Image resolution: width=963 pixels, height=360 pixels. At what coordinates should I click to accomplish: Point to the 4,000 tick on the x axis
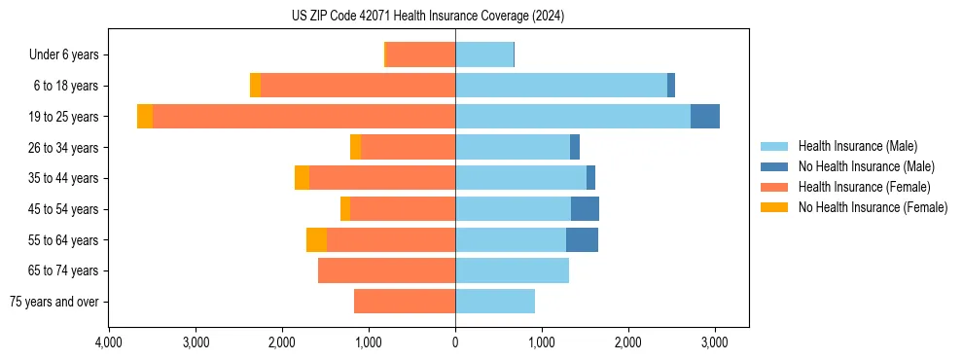click(x=109, y=342)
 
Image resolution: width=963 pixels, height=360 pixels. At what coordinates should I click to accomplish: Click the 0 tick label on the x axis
click(x=455, y=342)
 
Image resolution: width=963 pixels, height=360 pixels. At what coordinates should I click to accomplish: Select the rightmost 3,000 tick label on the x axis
click(x=715, y=342)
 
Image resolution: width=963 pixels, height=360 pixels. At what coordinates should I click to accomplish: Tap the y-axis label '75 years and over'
click(x=54, y=302)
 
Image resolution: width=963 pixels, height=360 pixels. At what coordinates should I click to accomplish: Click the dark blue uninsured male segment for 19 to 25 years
click(x=705, y=117)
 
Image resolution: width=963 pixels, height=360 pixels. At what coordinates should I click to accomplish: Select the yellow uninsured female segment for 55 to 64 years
click(x=316, y=240)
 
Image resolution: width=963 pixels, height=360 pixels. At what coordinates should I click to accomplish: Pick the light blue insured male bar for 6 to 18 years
click(x=561, y=86)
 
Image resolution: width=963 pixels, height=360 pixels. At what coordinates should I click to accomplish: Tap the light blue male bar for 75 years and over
click(x=495, y=302)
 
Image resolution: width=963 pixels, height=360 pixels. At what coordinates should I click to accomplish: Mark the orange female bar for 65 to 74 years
click(x=386, y=270)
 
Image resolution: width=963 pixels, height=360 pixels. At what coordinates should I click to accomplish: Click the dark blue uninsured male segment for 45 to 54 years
click(x=585, y=209)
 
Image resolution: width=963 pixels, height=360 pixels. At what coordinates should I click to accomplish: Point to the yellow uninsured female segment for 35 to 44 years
click(x=302, y=178)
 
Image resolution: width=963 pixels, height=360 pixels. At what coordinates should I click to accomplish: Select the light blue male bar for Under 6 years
click(x=484, y=55)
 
